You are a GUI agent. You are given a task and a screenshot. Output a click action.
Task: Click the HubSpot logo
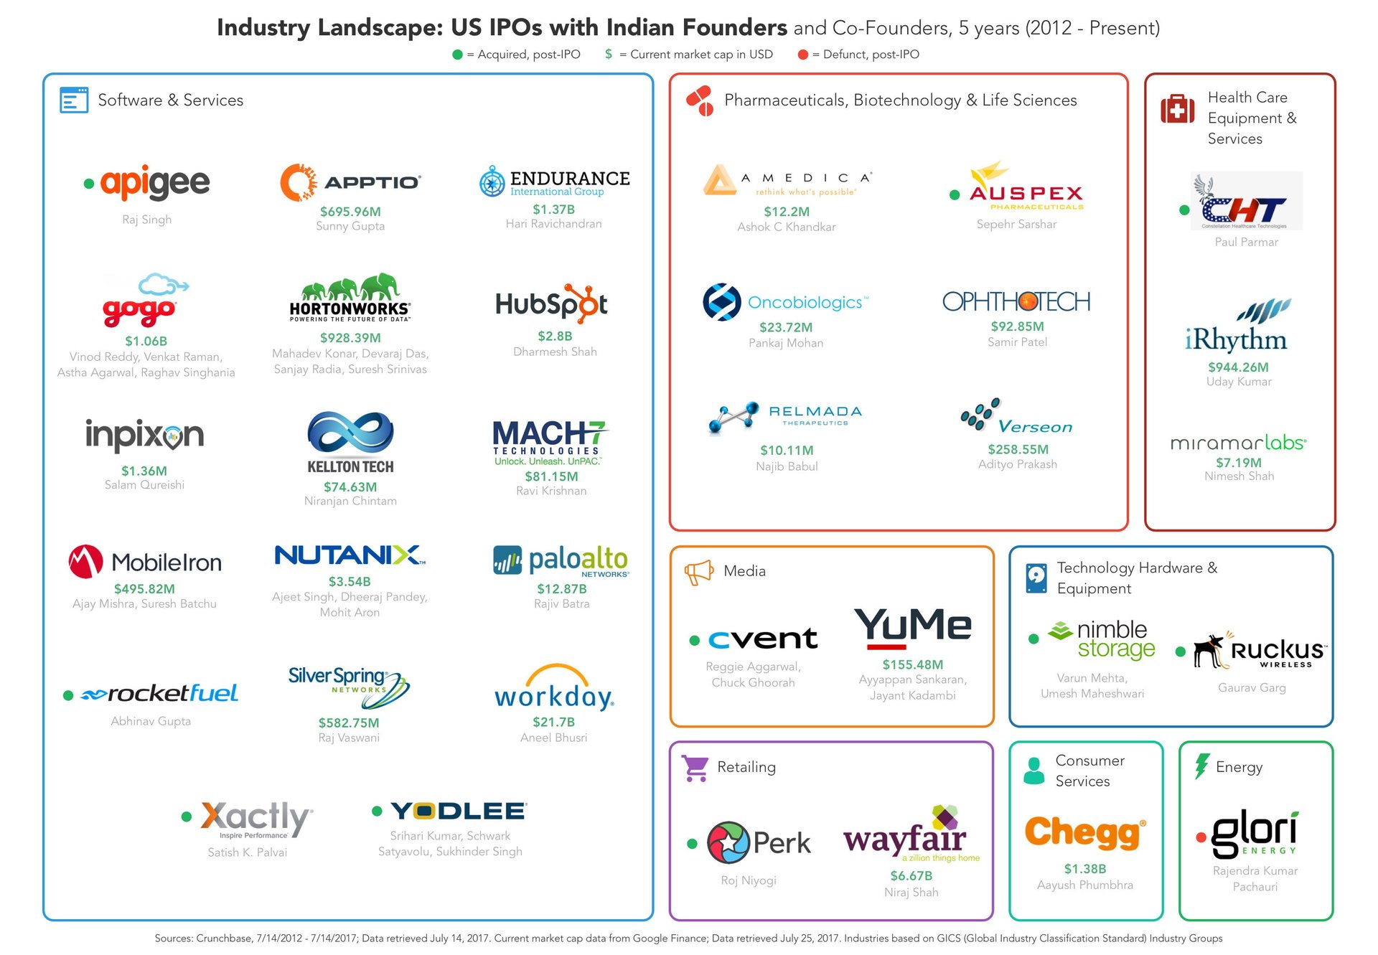pyautogui.click(x=551, y=304)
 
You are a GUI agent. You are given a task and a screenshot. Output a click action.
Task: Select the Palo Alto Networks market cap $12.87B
pyautogui.click(x=562, y=588)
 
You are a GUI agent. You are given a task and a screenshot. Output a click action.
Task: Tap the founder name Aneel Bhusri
pyautogui.click(x=553, y=738)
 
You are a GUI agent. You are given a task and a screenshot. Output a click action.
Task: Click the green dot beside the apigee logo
pyautogui.click(x=89, y=184)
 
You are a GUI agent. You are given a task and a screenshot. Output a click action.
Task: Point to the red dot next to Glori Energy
pyautogui.click(x=1201, y=837)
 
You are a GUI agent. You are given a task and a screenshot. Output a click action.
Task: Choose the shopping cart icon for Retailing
pyautogui.click(x=695, y=768)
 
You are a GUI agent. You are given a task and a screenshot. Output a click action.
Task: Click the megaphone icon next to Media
pyautogui.click(x=698, y=572)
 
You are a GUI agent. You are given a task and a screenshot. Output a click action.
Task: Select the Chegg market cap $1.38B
pyautogui.click(x=1084, y=869)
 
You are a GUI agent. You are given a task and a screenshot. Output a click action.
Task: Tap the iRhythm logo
pyautogui.click(x=1237, y=326)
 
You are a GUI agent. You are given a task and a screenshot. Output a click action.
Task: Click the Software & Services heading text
pyautogui.click(x=171, y=100)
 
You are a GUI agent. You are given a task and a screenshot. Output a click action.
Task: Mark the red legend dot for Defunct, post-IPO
pyautogui.click(x=803, y=55)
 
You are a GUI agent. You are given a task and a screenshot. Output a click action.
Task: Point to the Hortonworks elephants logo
pyautogui.click(x=350, y=297)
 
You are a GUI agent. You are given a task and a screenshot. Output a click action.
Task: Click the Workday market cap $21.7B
pyautogui.click(x=553, y=722)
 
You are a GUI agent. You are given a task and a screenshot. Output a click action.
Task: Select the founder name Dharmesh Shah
pyautogui.click(x=555, y=352)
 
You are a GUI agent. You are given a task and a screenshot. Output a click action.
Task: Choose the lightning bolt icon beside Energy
pyautogui.click(x=1201, y=766)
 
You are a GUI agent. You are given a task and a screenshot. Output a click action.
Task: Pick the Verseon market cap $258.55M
pyautogui.click(x=1018, y=449)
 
